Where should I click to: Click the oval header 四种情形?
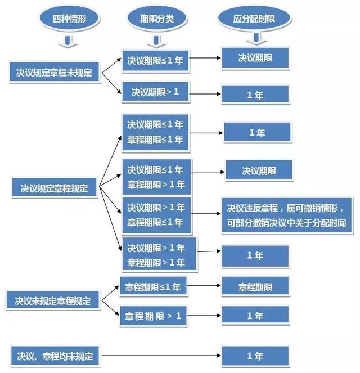[x=69, y=19]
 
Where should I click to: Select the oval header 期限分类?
[x=157, y=19]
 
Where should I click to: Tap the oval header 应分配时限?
[x=254, y=18]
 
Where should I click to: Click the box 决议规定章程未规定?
[x=54, y=73]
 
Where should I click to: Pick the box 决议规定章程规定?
[x=54, y=188]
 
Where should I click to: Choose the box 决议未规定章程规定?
[x=53, y=300]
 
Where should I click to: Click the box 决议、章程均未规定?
[x=55, y=356]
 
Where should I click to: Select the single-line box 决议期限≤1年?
[x=155, y=60]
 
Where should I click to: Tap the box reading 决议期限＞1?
[x=155, y=92]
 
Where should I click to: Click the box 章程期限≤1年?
[x=153, y=286]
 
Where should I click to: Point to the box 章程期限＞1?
[x=153, y=316]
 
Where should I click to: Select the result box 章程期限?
[x=255, y=286]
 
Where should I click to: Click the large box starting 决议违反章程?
[x=286, y=215]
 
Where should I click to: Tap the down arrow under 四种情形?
[x=69, y=42]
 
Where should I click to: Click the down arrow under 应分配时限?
[x=256, y=39]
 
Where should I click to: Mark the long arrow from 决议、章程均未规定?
[x=161, y=356]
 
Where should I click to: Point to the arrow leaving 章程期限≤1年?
[x=204, y=285]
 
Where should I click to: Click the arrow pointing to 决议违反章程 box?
[x=206, y=214]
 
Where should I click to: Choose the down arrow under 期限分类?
[x=156, y=42]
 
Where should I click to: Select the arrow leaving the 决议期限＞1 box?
[x=205, y=94]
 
